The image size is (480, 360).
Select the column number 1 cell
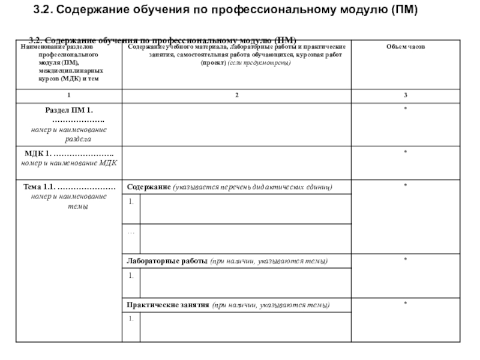pos(68,95)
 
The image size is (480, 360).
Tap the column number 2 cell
pos(237,95)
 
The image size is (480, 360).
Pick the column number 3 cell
pos(406,95)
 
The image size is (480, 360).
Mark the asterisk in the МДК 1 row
pos(406,152)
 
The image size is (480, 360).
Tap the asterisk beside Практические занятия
pos(406,304)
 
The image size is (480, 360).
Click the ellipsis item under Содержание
pos(131,232)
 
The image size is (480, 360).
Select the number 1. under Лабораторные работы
pos(130,275)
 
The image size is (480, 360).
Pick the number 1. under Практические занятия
pos(130,319)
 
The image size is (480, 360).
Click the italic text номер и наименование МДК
pos(69,163)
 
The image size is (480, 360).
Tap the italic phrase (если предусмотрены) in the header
pos(259,63)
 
